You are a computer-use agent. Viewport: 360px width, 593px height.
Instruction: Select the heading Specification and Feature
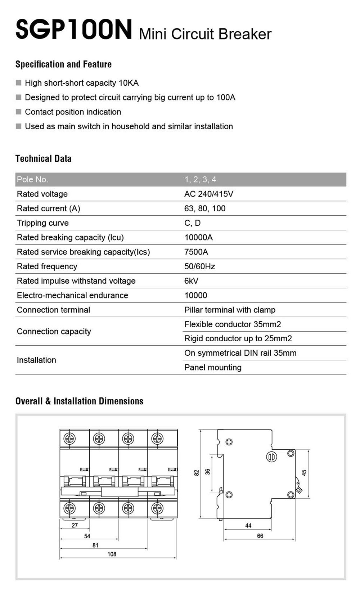pyautogui.click(x=63, y=64)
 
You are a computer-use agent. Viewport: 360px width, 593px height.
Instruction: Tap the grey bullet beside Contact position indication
pyautogui.click(x=19, y=112)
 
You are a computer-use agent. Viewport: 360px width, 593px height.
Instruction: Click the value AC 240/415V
pyautogui.click(x=208, y=194)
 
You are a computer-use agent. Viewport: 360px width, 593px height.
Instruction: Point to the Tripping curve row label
pyautogui.click(x=42, y=223)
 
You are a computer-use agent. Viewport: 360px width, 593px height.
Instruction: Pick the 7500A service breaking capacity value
pyautogui.click(x=196, y=252)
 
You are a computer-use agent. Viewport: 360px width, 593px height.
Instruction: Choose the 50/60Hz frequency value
pyautogui.click(x=199, y=266)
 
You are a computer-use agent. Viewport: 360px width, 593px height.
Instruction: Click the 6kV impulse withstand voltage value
pyautogui.click(x=191, y=281)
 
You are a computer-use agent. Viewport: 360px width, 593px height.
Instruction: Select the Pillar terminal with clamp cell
pyautogui.click(x=230, y=310)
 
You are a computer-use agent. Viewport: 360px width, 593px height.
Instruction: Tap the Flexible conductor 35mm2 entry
pyautogui.click(x=232, y=324)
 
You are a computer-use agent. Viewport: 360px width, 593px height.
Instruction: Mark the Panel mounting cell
pyautogui.click(x=213, y=367)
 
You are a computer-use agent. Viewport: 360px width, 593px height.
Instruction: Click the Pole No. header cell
pyautogui.click(x=32, y=179)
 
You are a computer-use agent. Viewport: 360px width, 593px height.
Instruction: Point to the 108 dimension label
pyautogui.click(x=112, y=554)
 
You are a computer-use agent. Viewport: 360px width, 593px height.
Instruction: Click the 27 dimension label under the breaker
pyautogui.click(x=75, y=525)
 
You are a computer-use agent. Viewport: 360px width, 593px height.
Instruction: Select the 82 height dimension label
pyautogui.click(x=197, y=473)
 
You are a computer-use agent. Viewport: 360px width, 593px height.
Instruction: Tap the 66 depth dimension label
pyautogui.click(x=260, y=536)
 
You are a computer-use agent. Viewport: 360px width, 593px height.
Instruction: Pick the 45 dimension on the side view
pyautogui.click(x=304, y=473)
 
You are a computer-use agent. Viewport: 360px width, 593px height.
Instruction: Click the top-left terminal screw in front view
pyautogui.click(x=69, y=439)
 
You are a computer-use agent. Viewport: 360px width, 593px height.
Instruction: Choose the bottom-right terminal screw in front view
pyautogui.click(x=157, y=508)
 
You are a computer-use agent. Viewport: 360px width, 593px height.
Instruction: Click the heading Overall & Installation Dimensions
pyautogui.click(x=79, y=401)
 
